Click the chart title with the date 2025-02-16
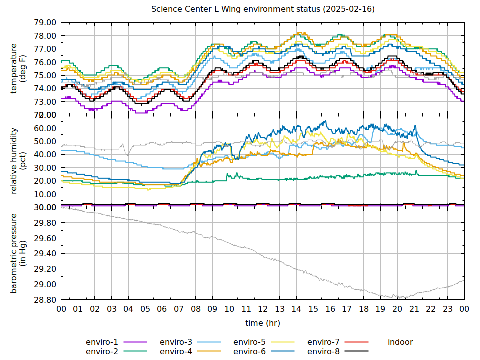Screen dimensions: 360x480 [263, 9]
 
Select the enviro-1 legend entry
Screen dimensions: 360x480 [102, 342]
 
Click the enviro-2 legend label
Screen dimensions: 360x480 [102, 352]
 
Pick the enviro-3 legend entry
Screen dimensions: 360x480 [176, 342]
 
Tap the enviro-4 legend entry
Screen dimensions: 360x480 [176, 352]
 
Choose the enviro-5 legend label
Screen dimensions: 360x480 [249, 342]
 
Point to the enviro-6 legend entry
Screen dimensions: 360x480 [249, 352]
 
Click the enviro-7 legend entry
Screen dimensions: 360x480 [323, 342]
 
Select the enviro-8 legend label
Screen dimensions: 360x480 [323, 352]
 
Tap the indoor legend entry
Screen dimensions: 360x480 [400, 342]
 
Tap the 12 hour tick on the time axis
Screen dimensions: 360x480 [263, 310]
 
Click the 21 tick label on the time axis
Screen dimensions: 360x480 [414, 310]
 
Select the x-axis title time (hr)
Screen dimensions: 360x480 [263, 323]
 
